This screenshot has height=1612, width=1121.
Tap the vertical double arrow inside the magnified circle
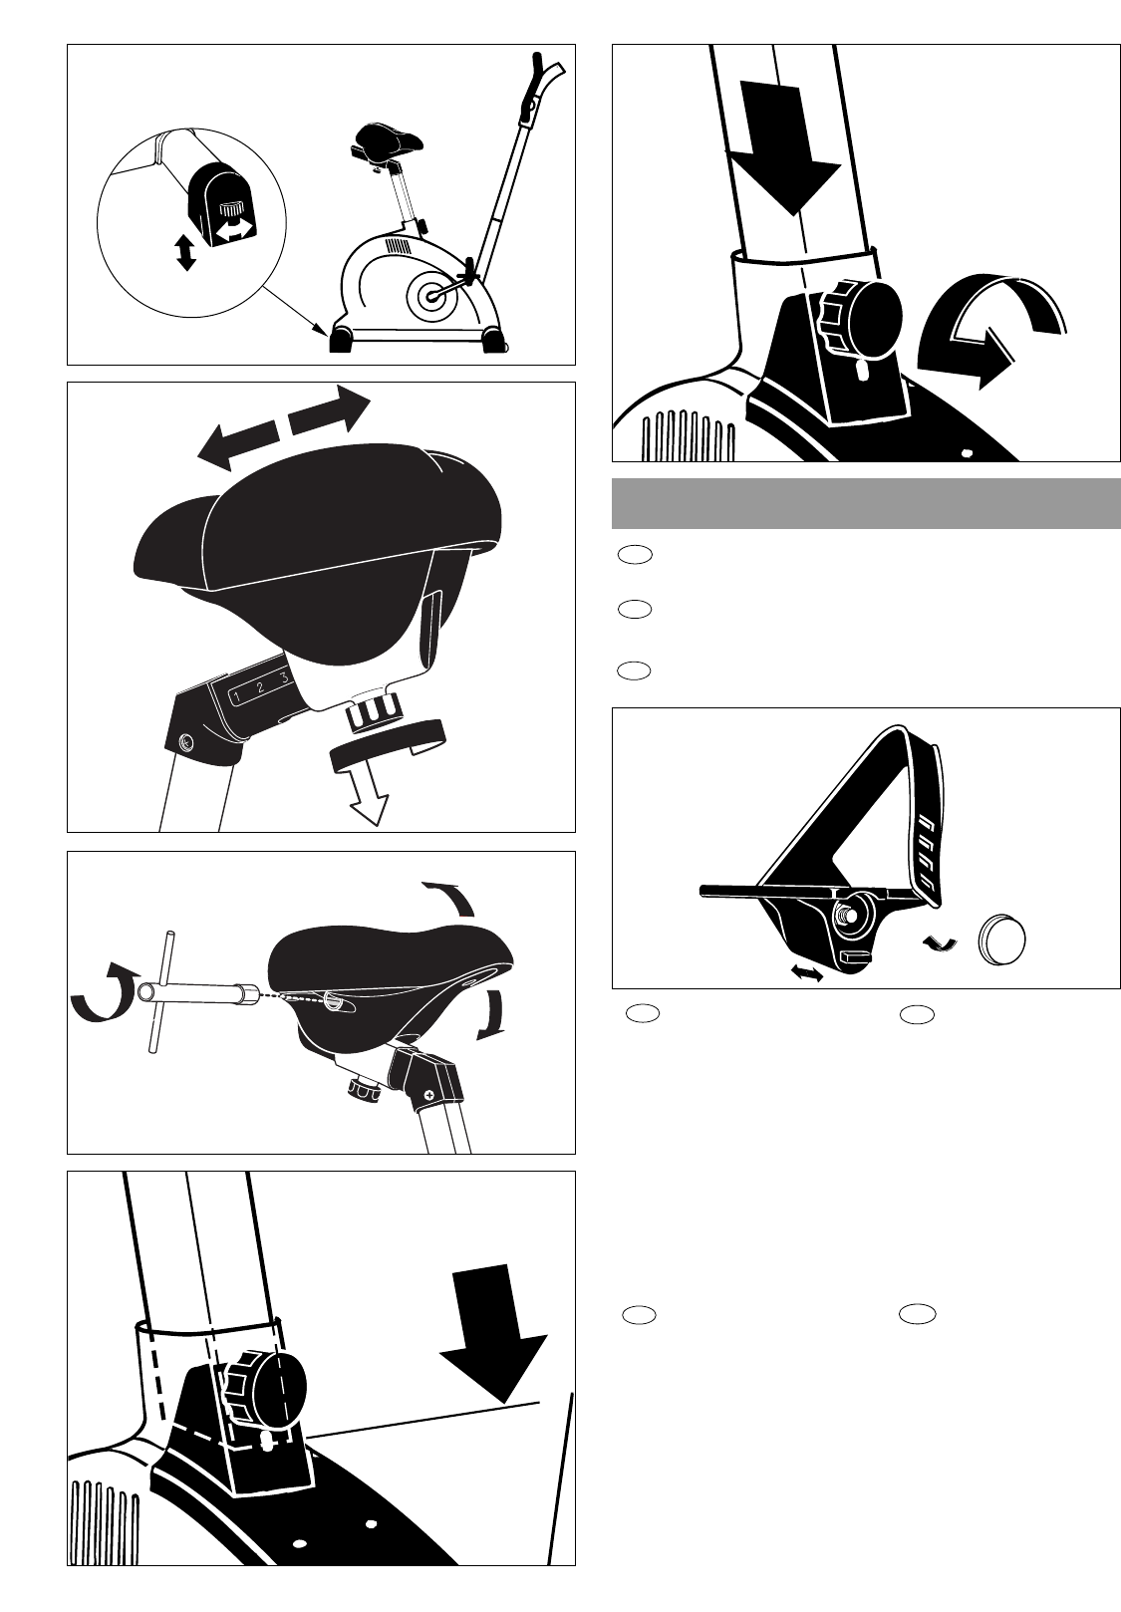coord(186,252)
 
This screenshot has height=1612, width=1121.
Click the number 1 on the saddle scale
coord(237,696)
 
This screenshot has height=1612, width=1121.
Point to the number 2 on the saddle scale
coord(261,686)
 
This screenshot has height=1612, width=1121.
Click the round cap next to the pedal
coord(1002,940)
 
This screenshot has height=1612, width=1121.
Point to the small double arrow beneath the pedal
coord(806,973)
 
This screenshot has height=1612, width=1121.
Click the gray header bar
coord(866,504)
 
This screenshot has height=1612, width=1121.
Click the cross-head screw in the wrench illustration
coord(429,1095)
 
